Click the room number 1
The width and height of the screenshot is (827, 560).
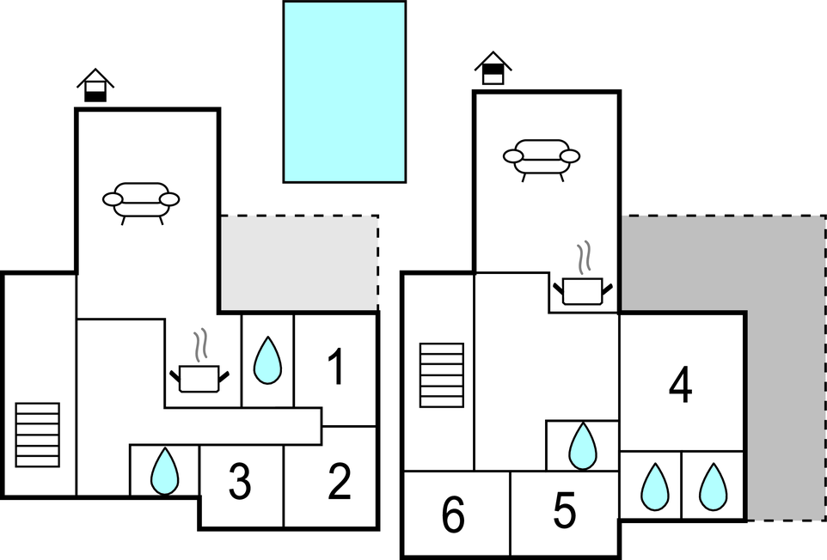tap(336, 367)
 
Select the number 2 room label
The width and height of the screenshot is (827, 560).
tap(340, 482)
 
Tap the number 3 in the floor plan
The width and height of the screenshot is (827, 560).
tap(240, 483)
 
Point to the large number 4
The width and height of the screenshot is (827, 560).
tap(680, 386)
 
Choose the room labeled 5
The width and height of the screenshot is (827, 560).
tap(564, 512)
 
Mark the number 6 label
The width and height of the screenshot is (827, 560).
tap(453, 515)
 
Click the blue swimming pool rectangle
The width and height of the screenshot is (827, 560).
tap(344, 92)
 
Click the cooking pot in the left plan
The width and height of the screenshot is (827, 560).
tap(200, 372)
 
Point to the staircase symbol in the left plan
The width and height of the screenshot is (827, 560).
tap(38, 435)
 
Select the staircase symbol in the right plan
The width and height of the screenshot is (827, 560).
tap(442, 374)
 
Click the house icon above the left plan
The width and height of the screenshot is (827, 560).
tap(95, 86)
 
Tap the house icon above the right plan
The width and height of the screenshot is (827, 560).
tap(493, 68)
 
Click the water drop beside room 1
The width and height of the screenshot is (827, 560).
tap(267, 361)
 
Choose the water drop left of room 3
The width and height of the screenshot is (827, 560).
tap(163, 472)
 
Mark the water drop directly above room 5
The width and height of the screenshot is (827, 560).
tap(583, 446)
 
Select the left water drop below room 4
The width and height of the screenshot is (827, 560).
tap(654, 486)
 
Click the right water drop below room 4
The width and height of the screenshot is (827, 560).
tap(713, 486)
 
